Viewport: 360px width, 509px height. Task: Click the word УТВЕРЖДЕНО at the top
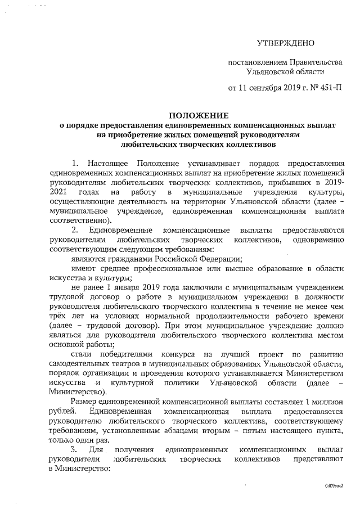[x=285, y=43]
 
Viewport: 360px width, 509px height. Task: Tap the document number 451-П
[x=329, y=88]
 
